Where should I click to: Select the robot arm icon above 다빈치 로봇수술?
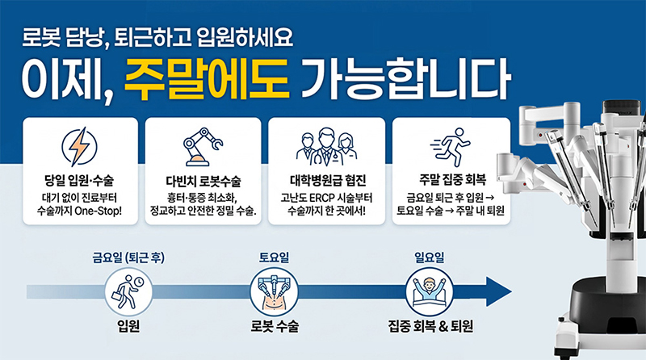203,146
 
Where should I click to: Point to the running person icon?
451,147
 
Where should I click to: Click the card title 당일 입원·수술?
80,178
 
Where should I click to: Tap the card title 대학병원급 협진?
326,179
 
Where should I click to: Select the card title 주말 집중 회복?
451,179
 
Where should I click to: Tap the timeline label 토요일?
275,258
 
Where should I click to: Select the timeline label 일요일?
429,258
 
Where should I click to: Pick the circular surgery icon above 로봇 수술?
275,291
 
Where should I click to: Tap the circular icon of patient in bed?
429,291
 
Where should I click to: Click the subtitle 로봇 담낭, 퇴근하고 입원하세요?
158,37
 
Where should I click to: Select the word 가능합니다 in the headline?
405,80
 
